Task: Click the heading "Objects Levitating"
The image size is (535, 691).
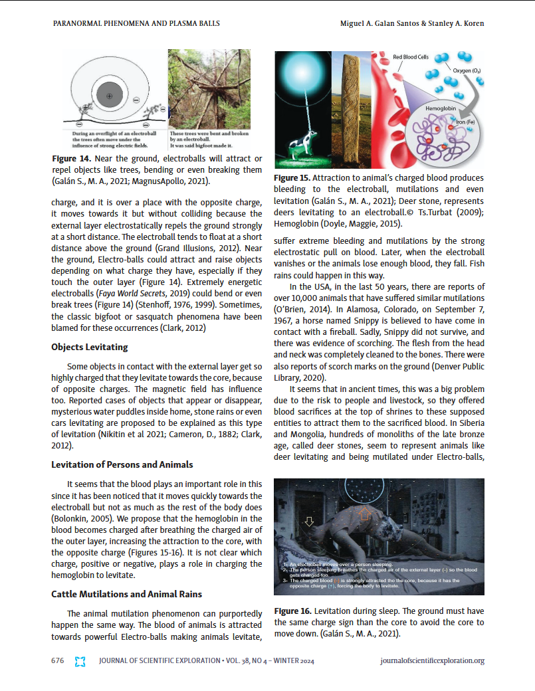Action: [89, 347]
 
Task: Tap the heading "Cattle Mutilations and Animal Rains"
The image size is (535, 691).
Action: [126, 593]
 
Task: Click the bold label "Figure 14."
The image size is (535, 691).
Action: [72, 159]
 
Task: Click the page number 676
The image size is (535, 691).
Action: [58, 660]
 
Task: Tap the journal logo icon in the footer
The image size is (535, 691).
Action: [81, 661]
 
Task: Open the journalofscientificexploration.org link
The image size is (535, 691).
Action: [432, 660]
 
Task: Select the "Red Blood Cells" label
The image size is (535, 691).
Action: [412, 57]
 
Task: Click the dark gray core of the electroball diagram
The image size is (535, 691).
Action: [110, 96]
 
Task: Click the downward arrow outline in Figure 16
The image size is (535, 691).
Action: [308, 522]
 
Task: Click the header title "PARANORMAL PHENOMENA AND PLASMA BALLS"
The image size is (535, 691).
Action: [136, 23]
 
